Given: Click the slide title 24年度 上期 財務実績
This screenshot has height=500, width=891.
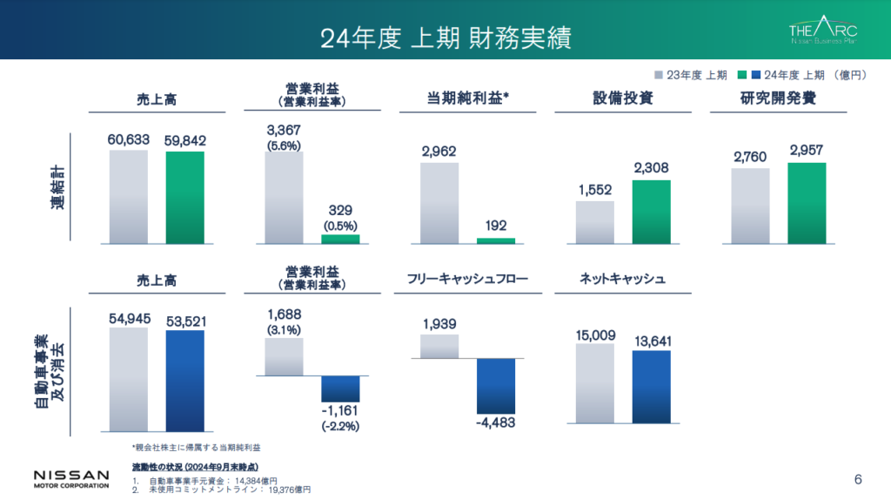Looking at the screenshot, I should tap(445, 37).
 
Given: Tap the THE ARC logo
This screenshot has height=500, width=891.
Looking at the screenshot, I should tap(824, 31).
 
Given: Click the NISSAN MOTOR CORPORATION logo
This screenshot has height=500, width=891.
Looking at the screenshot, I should tap(71, 478).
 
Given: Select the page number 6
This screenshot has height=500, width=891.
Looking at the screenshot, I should tap(858, 479).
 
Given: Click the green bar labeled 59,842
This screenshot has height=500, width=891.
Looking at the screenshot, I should tap(184, 197).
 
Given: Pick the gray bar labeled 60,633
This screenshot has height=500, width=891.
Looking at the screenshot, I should tap(128, 197).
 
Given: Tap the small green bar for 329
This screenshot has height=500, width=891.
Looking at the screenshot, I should tap(340, 239).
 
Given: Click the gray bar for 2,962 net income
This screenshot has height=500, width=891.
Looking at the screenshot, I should tap(439, 202).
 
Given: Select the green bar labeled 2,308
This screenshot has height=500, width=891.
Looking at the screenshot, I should tap(651, 212).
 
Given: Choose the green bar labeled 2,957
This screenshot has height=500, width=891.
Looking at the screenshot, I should tap(807, 203).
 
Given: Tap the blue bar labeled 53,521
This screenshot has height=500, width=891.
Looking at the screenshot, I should tap(184, 381).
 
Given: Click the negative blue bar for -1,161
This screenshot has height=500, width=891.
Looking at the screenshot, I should tap(340, 388).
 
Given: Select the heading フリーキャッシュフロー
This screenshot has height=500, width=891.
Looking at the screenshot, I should tap(466, 280).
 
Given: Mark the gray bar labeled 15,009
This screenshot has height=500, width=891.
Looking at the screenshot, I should tap(594, 383).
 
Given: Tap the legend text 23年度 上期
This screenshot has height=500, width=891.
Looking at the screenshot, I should tap(696, 76).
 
